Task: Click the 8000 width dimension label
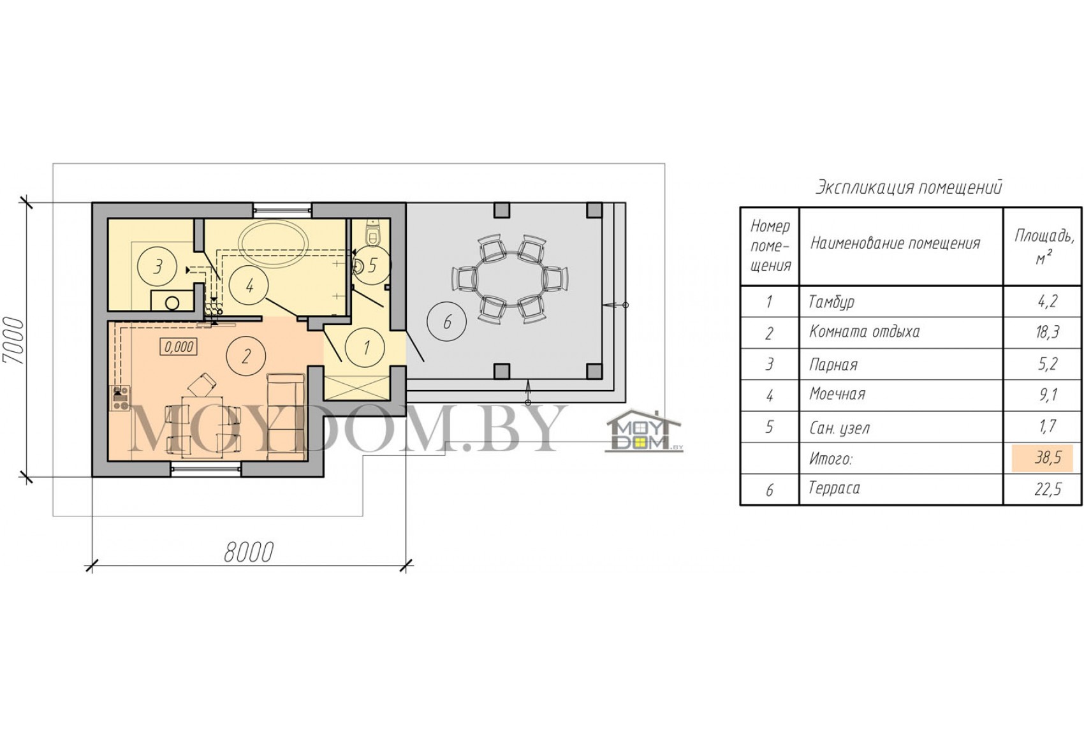[x=249, y=551]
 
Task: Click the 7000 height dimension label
[x=13, y=341]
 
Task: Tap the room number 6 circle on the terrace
[x=446, y=322]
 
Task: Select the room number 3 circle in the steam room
[x=157, y=266]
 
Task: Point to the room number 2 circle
[x=246, y=356]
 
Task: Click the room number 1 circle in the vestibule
[x=366, y=347]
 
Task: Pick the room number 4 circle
[x=249, y=286]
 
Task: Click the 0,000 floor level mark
[x=179, y=346]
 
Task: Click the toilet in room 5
[x=372, y=234]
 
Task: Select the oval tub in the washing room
[x=274, y=243]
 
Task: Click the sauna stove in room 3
[x=172, y=300]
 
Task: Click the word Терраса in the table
[x=834, y=488]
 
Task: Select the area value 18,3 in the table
[x=1047, y=332]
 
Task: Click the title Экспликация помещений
[x=909, y=187]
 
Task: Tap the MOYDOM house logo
[x=643, y=431]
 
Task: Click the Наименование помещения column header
[x=895, y=243]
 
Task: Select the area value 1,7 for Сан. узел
[x=1047, y=427]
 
